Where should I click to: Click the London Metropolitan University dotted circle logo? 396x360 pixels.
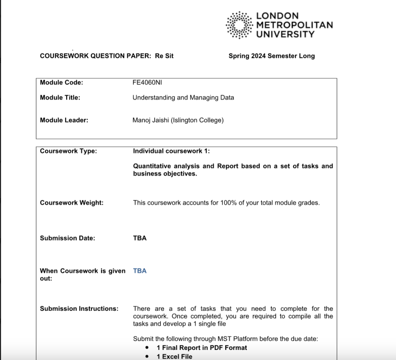pyautogui.click(x=239, y=25)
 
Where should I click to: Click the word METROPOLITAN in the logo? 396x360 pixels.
pyautogui.click(x=294, y=25)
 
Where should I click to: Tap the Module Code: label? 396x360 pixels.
pyautogui.click(x=61, y=82)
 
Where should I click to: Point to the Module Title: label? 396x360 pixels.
pyautogui.click(x=60, y=97)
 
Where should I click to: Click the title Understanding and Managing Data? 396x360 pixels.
pyautogui.click(x=183, y=97)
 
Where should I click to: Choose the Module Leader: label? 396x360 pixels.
pyautogui.click(x=64, y=120)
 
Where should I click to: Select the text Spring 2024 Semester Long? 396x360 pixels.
pyautogui.click(x=271, y=56)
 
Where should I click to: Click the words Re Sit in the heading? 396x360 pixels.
pyautogui.click(x=164, y=56)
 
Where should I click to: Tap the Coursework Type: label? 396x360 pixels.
pyautogui.click(x=68, y=151)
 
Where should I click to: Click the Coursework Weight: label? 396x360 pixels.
pyautogui.click(x=71, y=202)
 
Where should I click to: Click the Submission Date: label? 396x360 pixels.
pyautogui.click(x=67, y=238)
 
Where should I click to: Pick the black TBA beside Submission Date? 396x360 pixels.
pyautogui.click(x=140, y=238)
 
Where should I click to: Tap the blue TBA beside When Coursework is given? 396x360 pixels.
pyautogui.click(x=140, y=271)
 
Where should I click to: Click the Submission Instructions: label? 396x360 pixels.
pyautogui.click(x=79, y=308)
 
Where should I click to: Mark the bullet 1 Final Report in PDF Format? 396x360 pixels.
pyautogui.click(x=201, y=347)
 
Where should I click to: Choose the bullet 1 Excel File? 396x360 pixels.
pyautogui.click(x=174, y=356)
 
